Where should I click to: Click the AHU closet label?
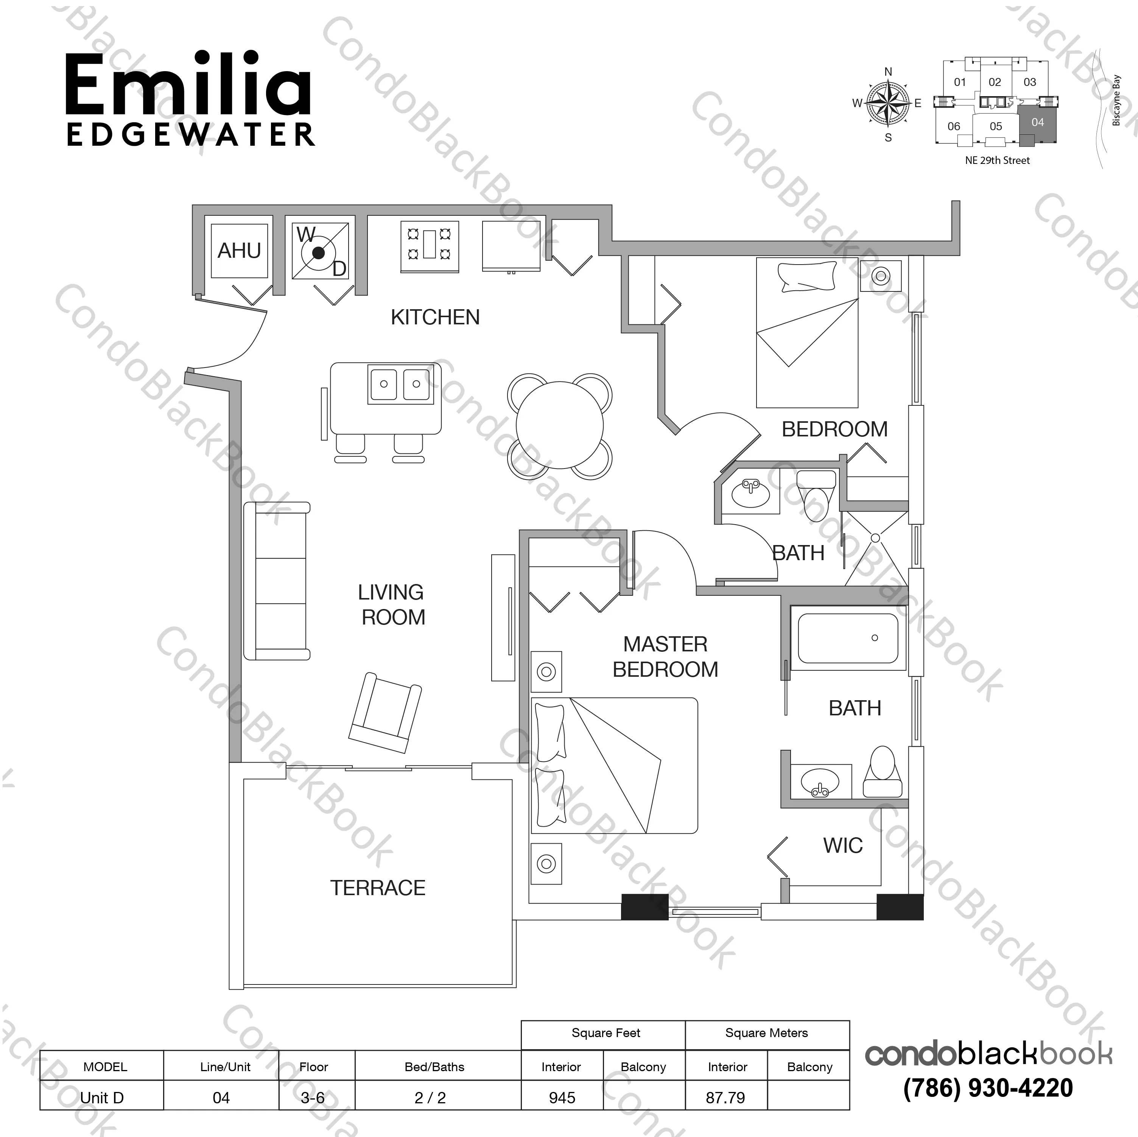click(x=239, y=251)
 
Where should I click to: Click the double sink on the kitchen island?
click(x=400, y=383)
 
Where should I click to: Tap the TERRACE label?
click(x=378, y=888)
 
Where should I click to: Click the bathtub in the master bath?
click(x=848, y=638)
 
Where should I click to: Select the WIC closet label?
click(x=843, y=846)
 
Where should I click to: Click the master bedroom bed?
click(x=614, y=765)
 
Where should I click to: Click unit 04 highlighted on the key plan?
click(x=1037, y=123)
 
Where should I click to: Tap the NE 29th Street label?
click(x=997, y=160)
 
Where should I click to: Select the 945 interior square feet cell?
click(x=562, y=1098)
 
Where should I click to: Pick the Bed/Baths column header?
click(x=435, y=1067)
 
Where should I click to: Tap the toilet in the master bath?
click(x=882, y=773)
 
